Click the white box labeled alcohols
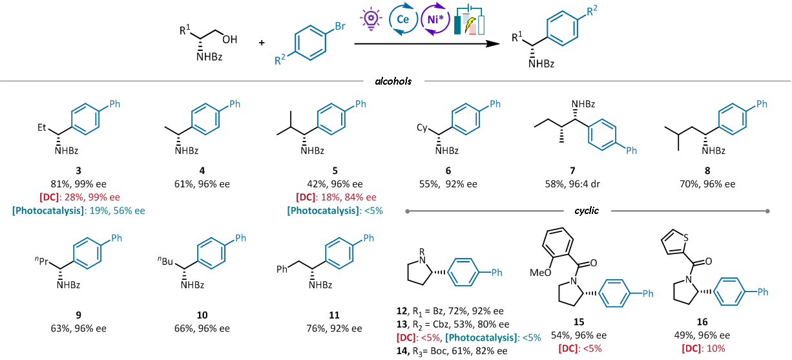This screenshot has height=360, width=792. pos(393,81)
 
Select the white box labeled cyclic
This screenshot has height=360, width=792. pos(587,211)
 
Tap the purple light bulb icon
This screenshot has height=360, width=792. pos(371,19)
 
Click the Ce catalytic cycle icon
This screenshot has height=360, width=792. pos(403,19)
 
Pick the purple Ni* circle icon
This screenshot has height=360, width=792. pos(433,19)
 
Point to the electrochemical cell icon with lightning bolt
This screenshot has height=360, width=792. pos(469,21)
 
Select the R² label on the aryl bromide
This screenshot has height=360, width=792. pos(280,61)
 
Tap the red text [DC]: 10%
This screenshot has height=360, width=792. pos(703,348)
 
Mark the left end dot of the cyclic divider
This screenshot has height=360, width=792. pos(408,211)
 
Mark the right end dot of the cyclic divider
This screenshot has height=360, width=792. pos(767,211)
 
